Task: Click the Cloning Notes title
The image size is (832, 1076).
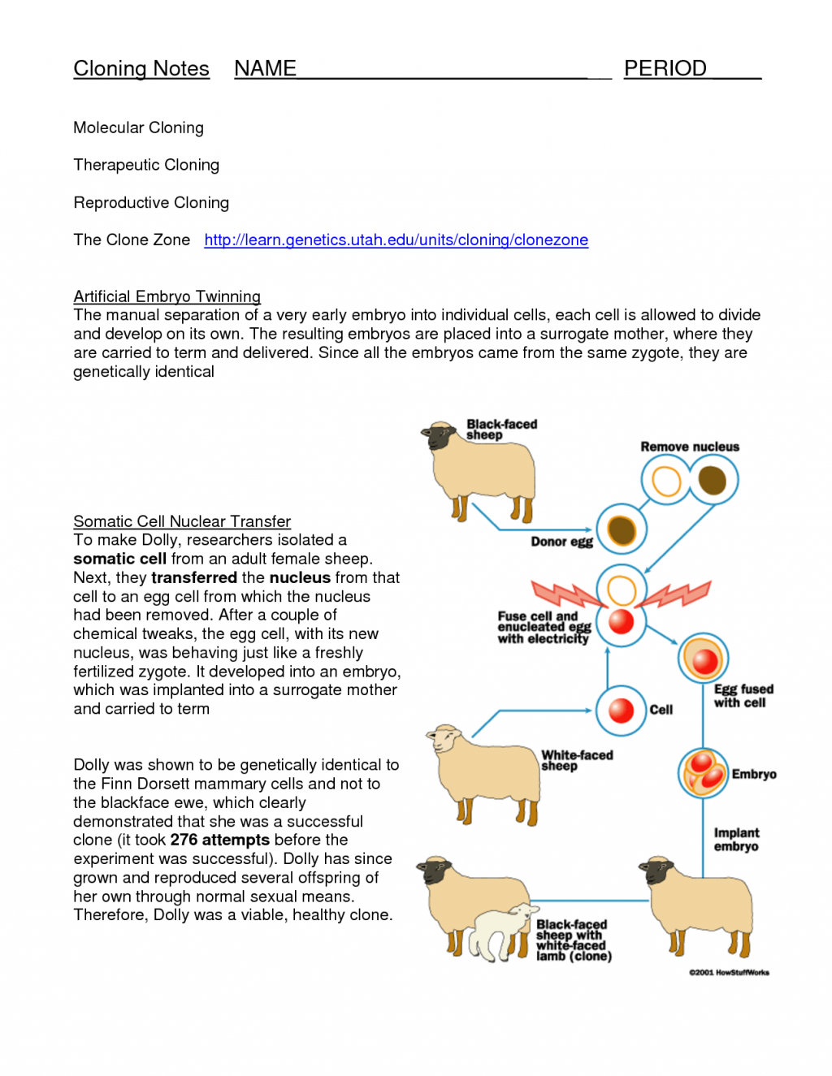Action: tap(141, 69)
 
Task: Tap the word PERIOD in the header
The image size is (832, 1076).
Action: tap(665, 69)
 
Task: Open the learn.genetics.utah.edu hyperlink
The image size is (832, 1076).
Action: tap(396, 240)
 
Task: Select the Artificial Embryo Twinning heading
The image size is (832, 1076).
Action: tap(167, 296)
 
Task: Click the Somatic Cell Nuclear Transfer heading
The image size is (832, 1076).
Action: tap(182, 521)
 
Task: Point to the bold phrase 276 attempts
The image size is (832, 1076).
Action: tap(219, 840)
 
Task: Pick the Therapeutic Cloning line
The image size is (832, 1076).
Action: tap(146, 165)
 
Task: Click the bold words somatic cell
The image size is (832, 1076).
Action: tap(119, 559)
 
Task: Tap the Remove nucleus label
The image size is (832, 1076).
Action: tap(690, 447)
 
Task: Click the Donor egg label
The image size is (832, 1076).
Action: tap(561, 542)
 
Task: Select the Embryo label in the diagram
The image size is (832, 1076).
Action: tap(754, 774)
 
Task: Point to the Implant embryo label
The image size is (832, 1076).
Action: tap(736, 840)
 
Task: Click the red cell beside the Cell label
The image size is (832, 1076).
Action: tap(621, 711)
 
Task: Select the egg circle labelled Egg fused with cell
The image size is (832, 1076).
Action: tap(703, 659)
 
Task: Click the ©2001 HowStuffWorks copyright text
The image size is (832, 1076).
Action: tap(729, 972)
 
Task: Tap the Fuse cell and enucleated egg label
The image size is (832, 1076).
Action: tap(544, 628)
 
